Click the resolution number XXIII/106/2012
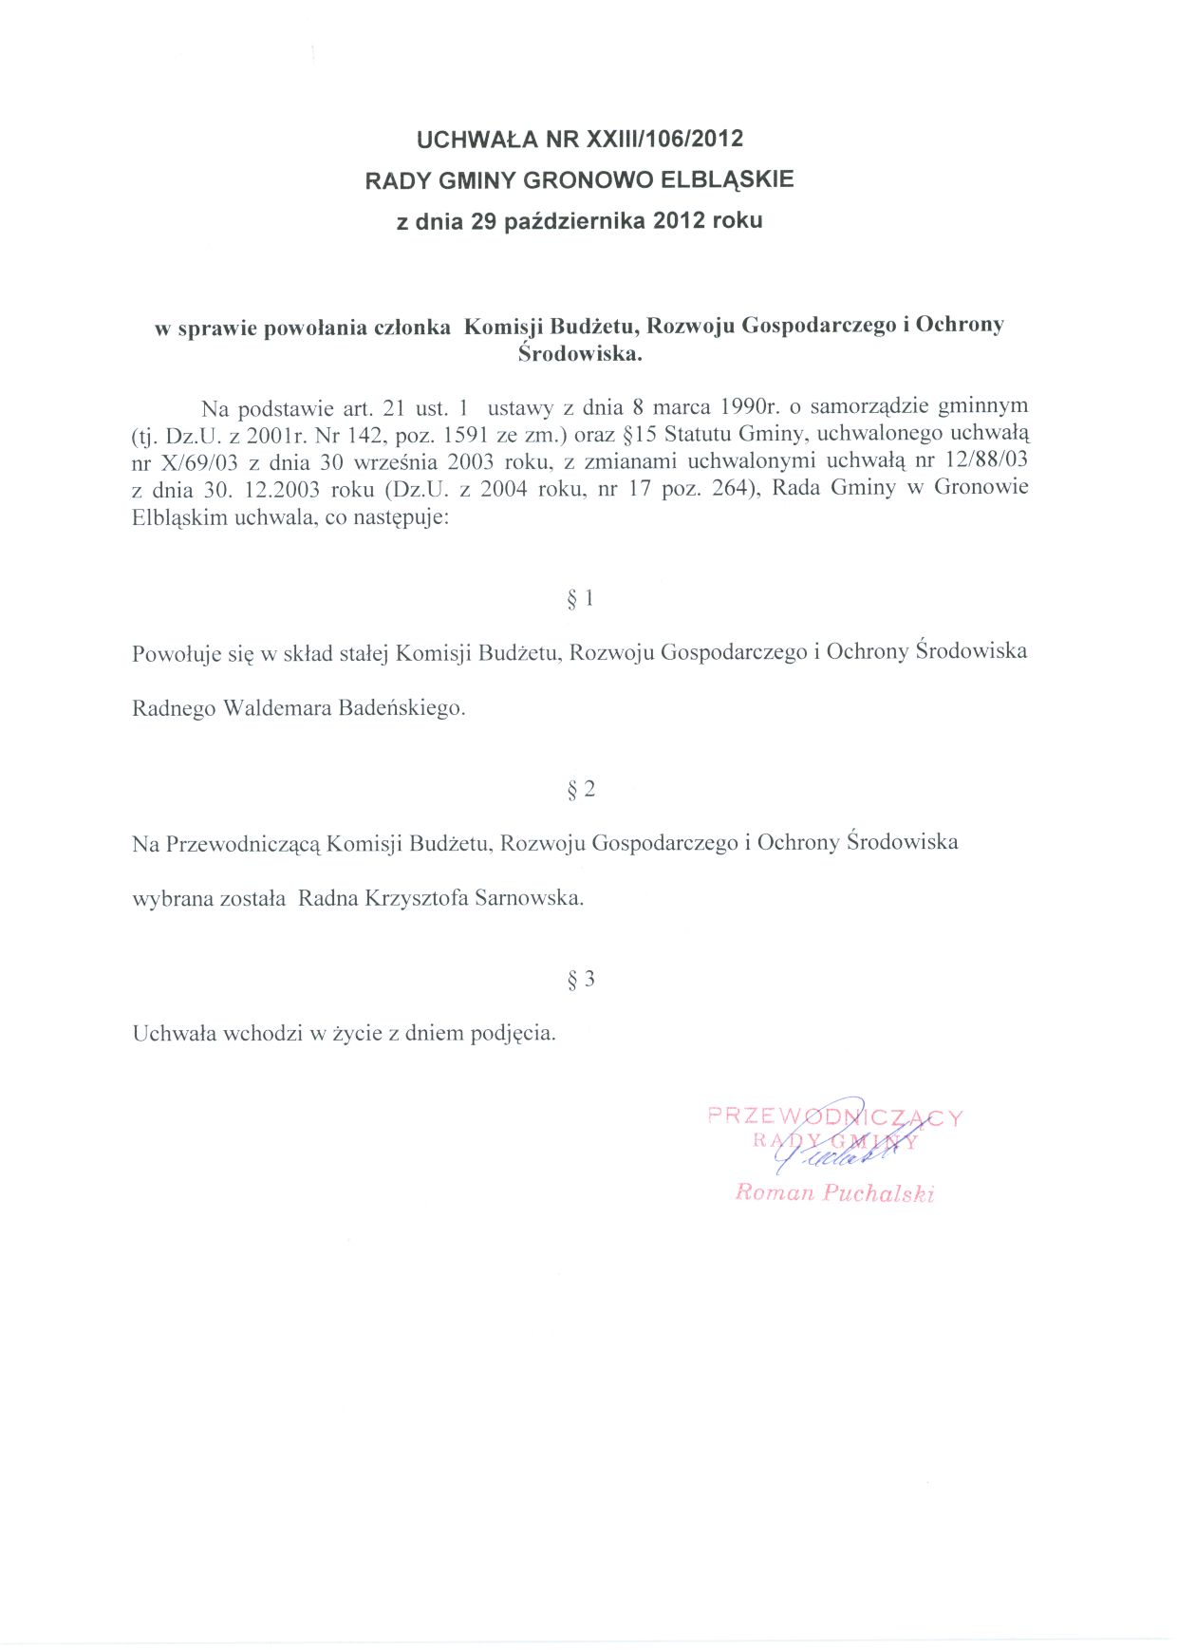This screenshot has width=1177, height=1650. click(x=664, y=140)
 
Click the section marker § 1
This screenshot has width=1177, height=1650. click(x=580, y=598)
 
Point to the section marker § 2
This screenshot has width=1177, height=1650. click(x=580, y=789)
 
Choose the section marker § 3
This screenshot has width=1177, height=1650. click(x=580, y=979)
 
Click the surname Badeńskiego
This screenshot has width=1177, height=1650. click(x=402, y=708)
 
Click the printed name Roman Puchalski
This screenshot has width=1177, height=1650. click(x=834, y=1192)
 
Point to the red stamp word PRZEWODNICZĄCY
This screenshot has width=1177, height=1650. click(x=835, y=1117)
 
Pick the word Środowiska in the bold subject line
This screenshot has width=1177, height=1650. click(x=580, y=354)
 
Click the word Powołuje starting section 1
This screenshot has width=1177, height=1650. click(x=177, y=653)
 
